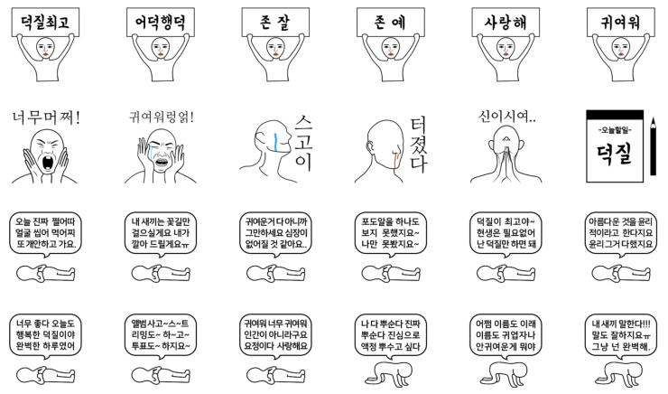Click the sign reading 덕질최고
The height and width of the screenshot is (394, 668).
(45, 22)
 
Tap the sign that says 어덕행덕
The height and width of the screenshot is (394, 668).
(160, 22)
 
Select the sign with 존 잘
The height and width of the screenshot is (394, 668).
(275, 22)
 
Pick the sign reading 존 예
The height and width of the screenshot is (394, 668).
(390, 22)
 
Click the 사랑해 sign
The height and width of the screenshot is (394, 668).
(506, 22)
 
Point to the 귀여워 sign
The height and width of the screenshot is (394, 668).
(620, 22)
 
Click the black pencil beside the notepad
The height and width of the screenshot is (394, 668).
(653, 146)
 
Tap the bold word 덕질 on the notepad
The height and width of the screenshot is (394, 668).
(614, 154)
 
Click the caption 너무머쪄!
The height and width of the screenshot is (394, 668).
(46, 117)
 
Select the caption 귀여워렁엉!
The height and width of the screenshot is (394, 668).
(162, 117)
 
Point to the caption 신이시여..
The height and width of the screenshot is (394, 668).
(506, 116)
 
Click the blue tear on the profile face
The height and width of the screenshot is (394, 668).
(275, 142)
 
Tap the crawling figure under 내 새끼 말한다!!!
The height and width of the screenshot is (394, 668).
(620, 374)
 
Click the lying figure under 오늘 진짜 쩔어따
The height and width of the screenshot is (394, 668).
(45, 273)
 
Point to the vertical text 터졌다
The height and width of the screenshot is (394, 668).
(418, 145)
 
